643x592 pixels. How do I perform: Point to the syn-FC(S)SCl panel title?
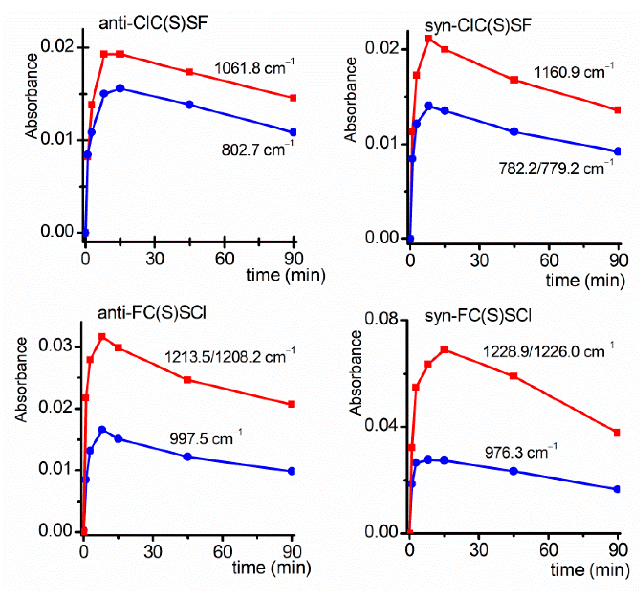[x=478, y=316]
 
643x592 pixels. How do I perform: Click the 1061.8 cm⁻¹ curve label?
[x=254, y=68]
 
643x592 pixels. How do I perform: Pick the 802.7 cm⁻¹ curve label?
[x=257, y=149]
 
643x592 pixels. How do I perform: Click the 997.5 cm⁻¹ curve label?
[x=205, y=438]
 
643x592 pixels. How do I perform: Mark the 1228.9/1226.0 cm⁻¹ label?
[x=548, y=351]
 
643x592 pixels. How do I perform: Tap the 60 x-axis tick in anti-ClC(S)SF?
[x=224, y=259]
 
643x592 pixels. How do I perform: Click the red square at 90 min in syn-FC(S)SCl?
[x=617, y=433]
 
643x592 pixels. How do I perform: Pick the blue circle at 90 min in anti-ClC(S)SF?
[x=293, y=132]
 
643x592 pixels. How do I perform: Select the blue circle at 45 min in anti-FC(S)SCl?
[x=187, y=457]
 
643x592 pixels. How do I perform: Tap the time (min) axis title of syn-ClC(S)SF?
[x=585, y=280]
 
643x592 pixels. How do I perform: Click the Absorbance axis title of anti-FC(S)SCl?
[x=21, y=380]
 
